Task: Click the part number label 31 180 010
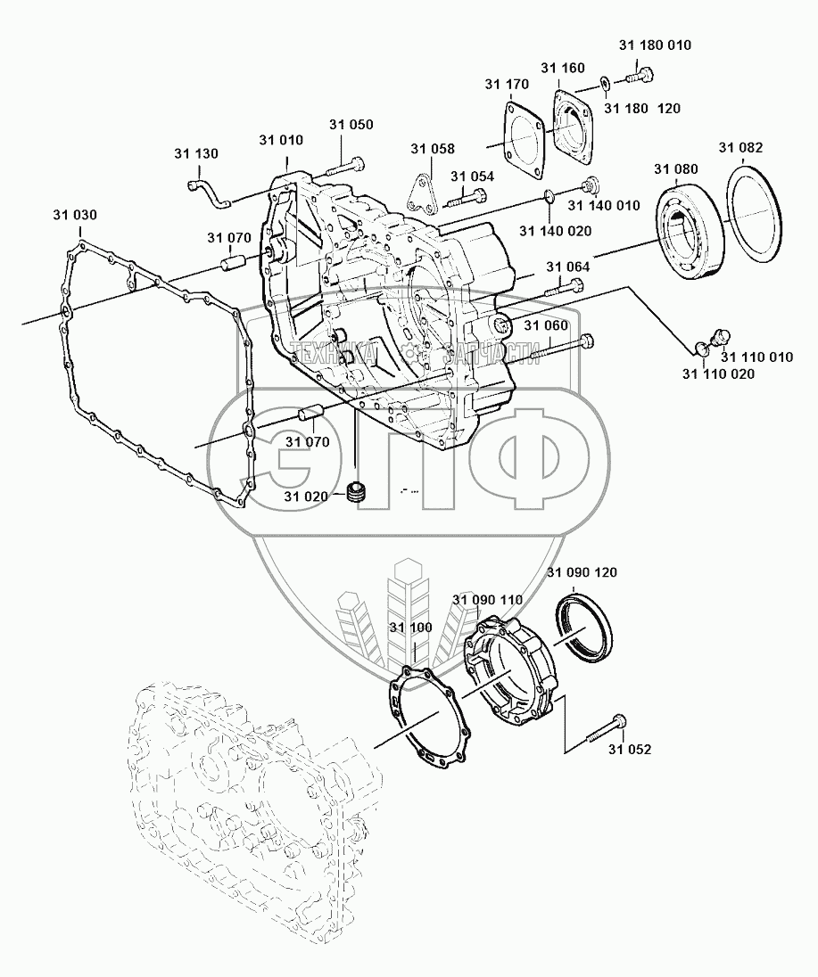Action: coord(655,45)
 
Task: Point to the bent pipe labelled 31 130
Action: coord(209,192)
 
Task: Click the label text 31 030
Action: coord(75,215)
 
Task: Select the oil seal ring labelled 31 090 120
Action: coord(583,628)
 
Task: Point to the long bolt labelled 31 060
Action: coord(562,347)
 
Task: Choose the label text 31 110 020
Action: coord(718,374)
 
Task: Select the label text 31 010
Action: coord(281,140)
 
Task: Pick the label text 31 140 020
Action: coord(556,231)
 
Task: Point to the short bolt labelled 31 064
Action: coord(565,289)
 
